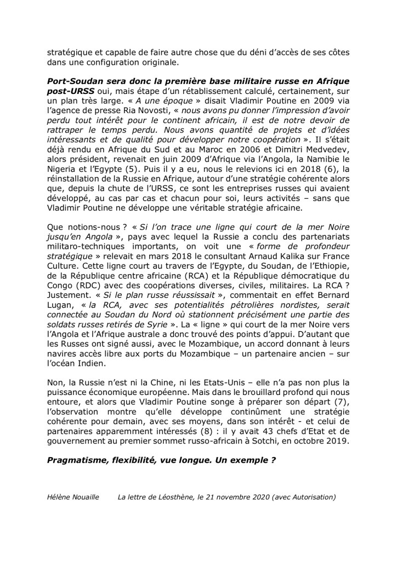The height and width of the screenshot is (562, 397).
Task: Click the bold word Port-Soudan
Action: (75, 81)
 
